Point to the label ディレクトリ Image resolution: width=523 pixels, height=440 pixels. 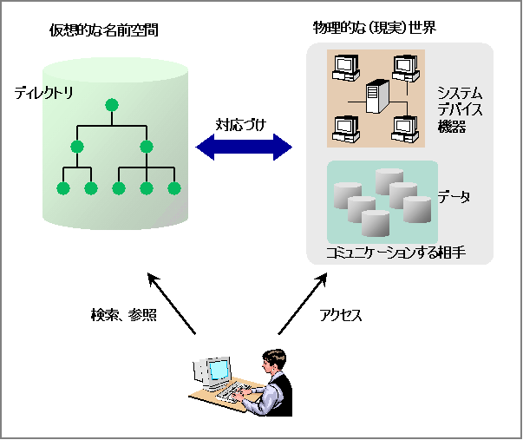[44, 91]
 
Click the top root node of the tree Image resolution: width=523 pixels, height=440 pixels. [111, 106]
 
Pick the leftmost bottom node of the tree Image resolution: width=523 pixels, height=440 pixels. [62, 187]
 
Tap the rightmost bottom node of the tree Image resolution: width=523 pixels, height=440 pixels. [173, 187]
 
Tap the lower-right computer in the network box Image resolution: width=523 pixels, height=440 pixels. [404, 128]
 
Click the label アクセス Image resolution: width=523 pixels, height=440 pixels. [341, 315]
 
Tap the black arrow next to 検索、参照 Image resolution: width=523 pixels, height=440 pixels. [171, 303]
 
